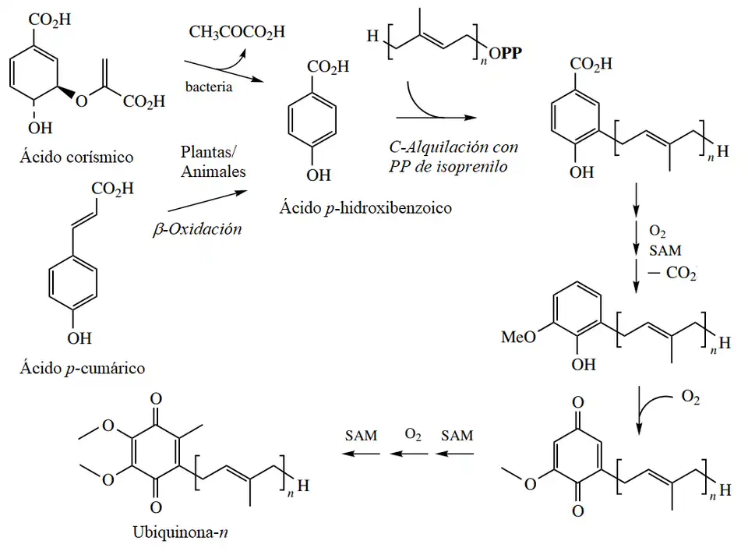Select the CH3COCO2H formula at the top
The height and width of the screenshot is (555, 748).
[237, 32]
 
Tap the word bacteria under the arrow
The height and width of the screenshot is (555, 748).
[209, 87]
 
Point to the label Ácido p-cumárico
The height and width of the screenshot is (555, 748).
[82, 368]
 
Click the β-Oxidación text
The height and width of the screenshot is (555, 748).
[197, 229]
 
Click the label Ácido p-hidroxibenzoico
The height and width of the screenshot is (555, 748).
[365, 208]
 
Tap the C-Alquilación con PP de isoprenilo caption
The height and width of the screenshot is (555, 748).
[455, 154]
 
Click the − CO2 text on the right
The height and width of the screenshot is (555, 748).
[675, 273]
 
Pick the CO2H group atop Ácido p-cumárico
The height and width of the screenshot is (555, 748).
[112, 188]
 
